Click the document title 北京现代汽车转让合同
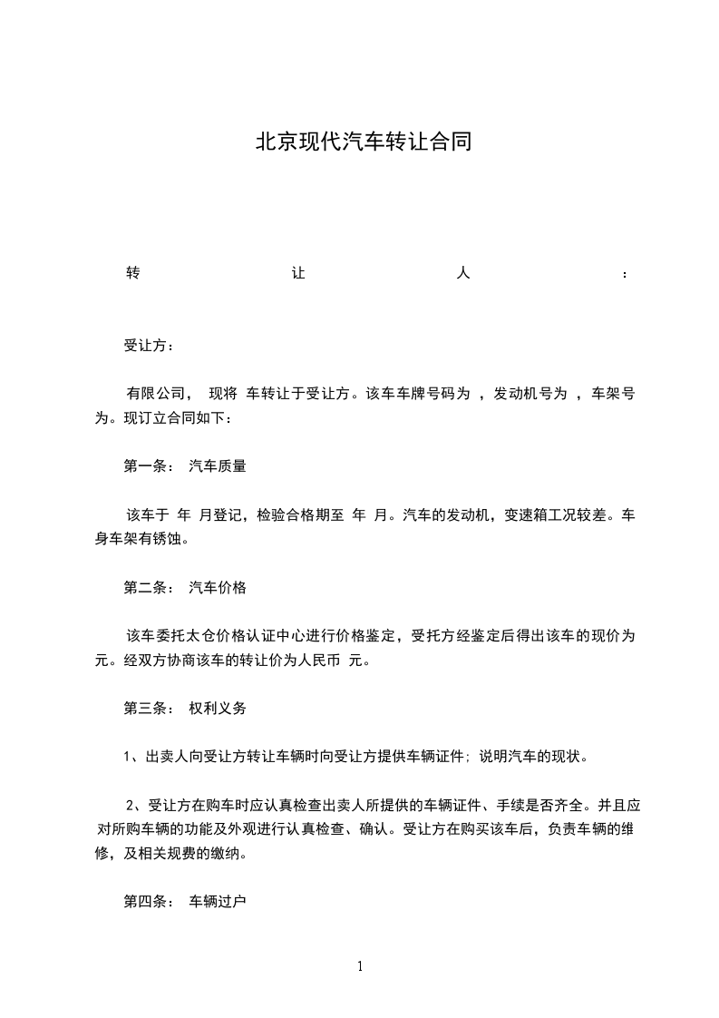[x=364, y=142]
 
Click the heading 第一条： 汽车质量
[x=184, y=466]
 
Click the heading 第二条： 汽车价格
[x=184, y=587]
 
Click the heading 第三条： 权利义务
[x=184, y=708]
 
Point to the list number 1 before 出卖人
[x=128, y=757]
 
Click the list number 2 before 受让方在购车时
[x=129, y=805]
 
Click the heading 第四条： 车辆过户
[x=184, y=902]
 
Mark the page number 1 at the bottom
[x=360, y=965]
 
